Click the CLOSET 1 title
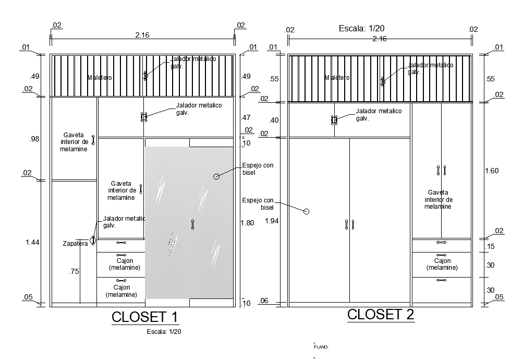[145, 317]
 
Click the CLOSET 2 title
[381, 314]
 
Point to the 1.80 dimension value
[247, 223]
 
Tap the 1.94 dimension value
[272, 221]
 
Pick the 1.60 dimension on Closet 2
[492, 170]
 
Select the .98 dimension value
[34, 139]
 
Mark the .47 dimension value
[246, 117]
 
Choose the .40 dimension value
[274, 121]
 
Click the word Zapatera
[75, 244]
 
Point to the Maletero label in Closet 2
[337, 78]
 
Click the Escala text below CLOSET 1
[164, 331]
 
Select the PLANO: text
[321, 346]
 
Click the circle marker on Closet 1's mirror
[216, 176]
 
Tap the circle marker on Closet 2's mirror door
[306, 211]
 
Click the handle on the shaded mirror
[192, 224]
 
